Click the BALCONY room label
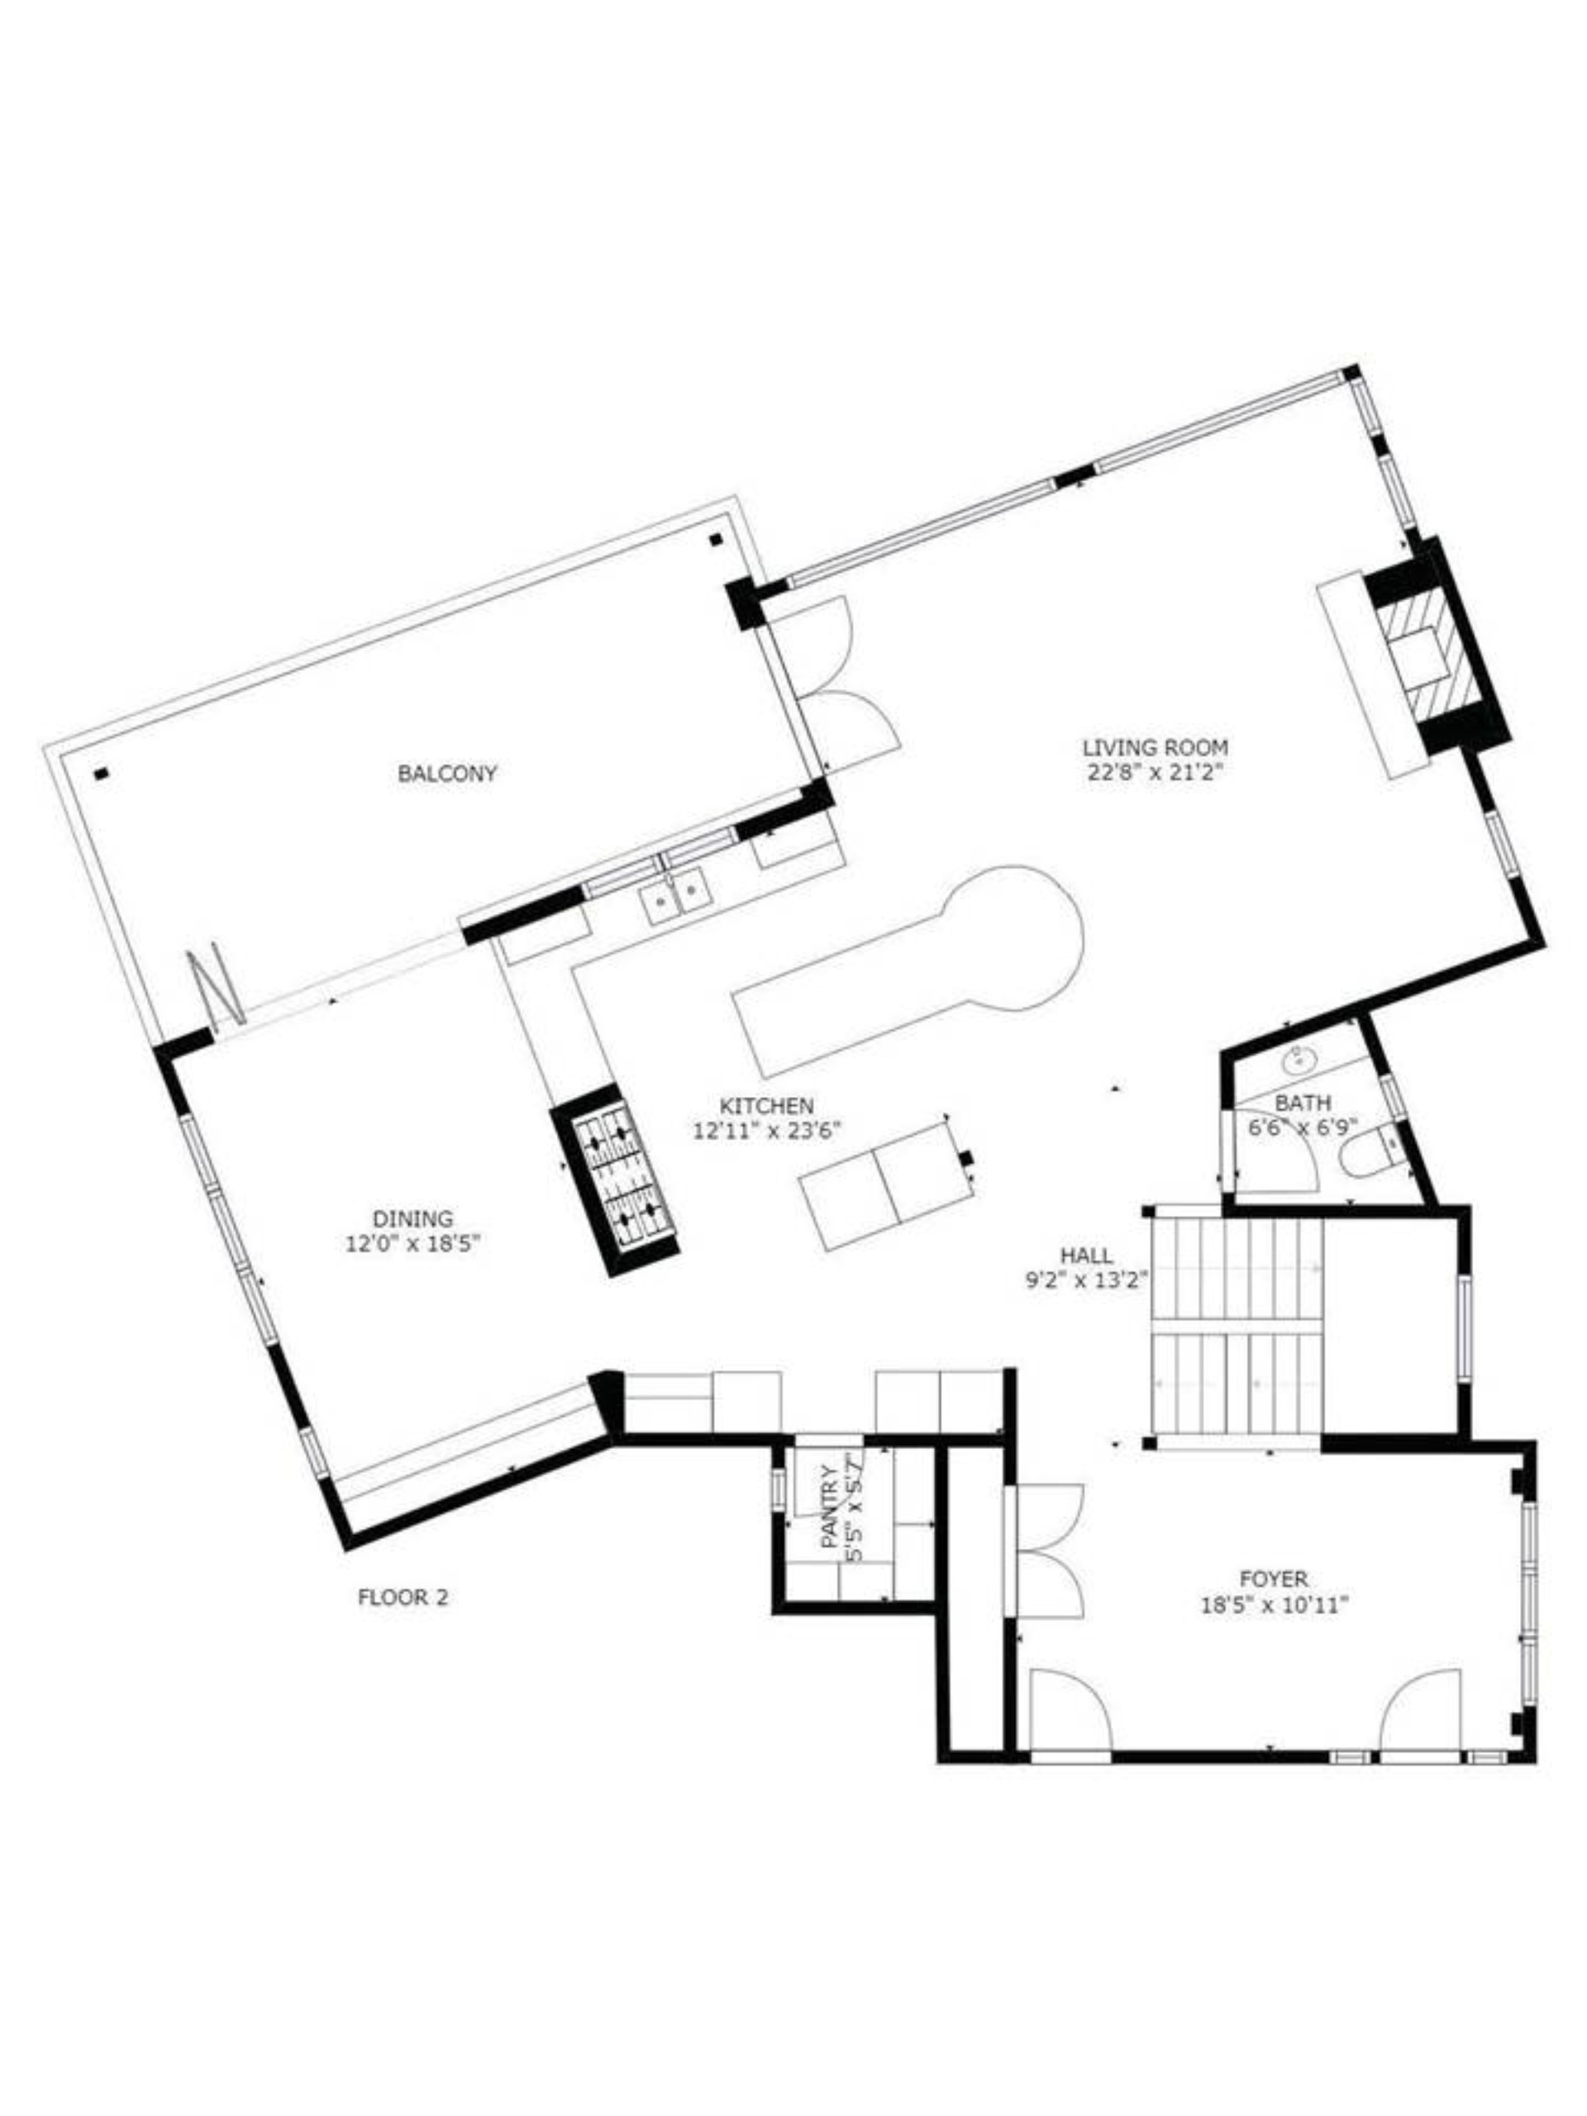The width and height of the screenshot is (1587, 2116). coord(446,773)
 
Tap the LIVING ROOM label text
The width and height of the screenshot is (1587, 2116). coord(1155,748)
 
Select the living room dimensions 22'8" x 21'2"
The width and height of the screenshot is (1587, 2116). coord(1155,774)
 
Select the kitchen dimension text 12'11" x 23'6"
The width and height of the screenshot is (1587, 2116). coord(766,1131)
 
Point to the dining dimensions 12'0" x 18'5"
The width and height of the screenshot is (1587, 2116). coord(412,1245)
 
